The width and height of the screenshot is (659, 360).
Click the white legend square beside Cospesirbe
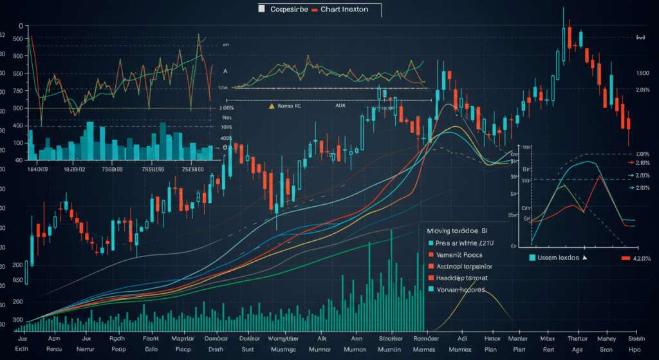pyautogui.click(x=261, y=9)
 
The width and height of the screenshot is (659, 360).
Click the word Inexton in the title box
pyautogui.click(x=353, y=9)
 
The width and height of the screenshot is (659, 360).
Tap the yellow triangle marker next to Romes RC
pyautogui.click(x=271, y=104)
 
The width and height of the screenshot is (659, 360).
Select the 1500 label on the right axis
pyautogui.click(x=642, y=73)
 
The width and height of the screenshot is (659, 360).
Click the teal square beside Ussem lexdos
pyautogui.click(x=532, y=258)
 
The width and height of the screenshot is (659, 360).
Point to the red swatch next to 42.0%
pyautogui.click(x=624, y=258)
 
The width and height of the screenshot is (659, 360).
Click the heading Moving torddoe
pyautogui.click(x=453, y=229)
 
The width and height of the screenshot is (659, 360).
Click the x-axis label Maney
pyautogui.click(x=606, y=338)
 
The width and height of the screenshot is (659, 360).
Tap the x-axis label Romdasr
pyautogui.click(x=425, y=338)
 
